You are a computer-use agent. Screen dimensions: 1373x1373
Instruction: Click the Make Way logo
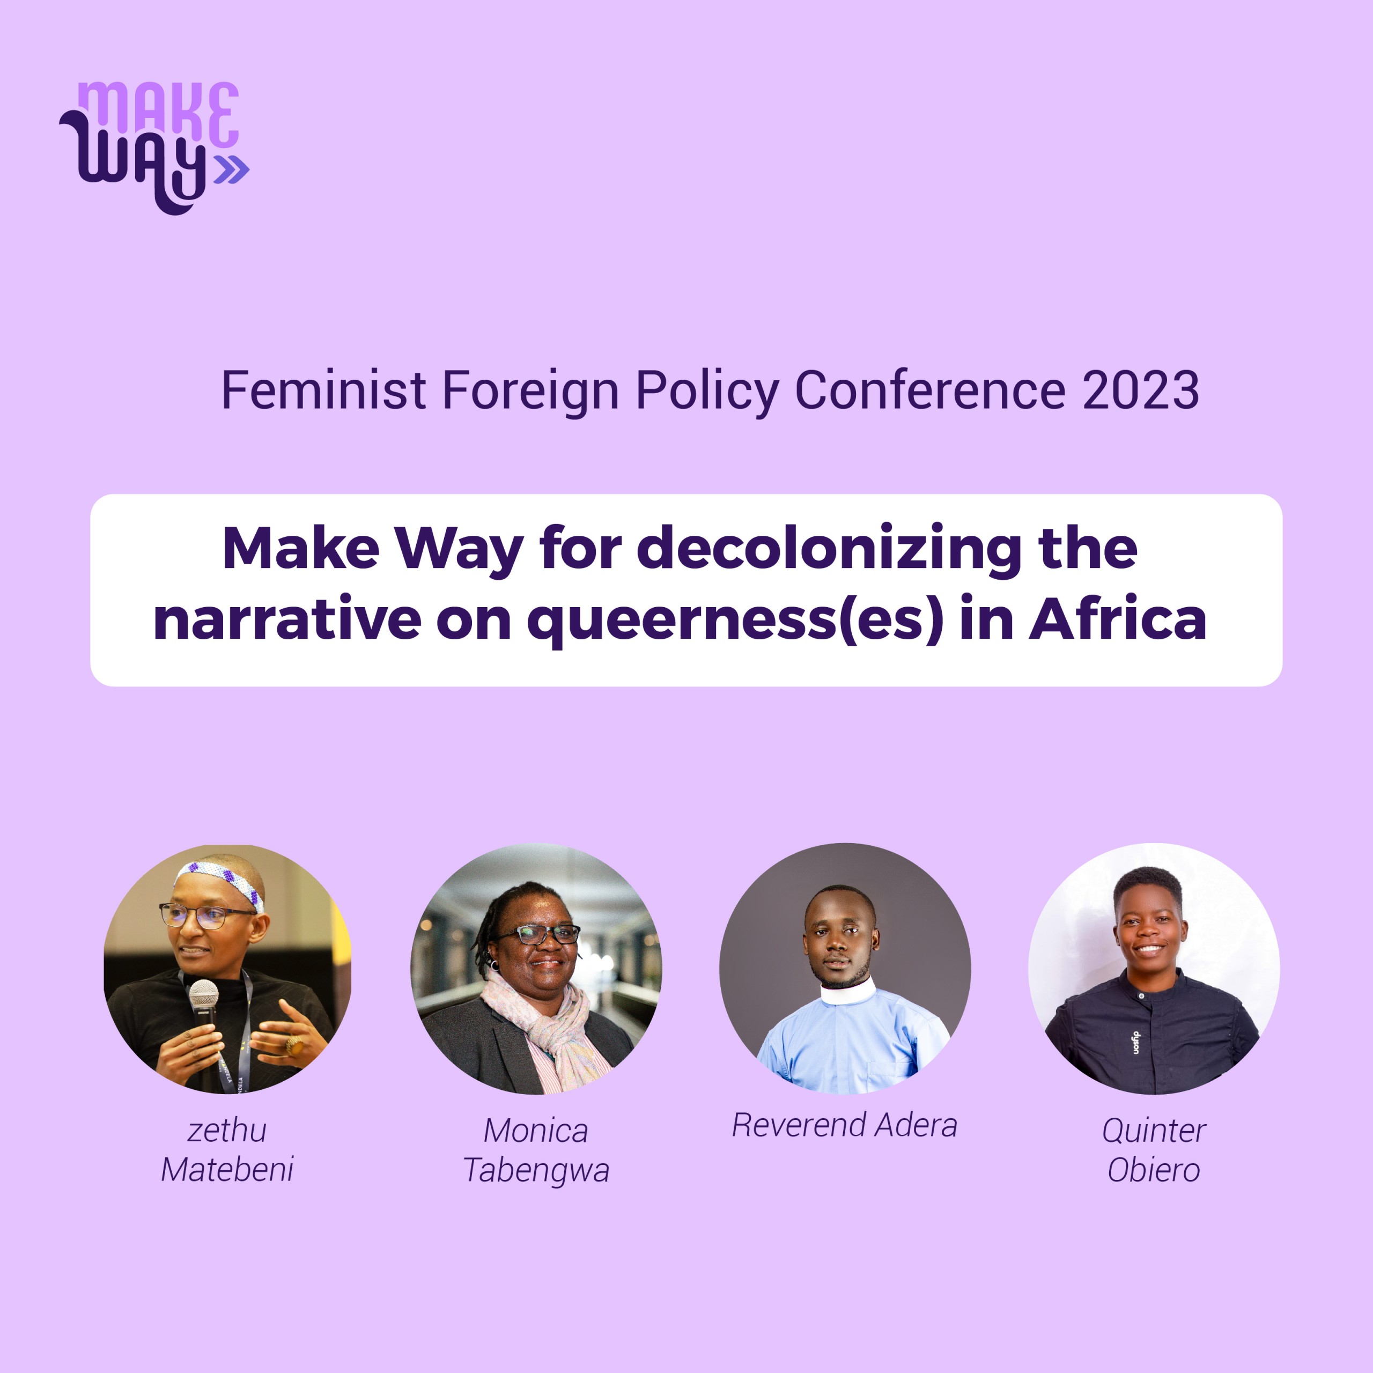click(x=154, y=147)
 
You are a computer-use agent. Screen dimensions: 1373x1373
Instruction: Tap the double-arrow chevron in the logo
click(x=232, y=169)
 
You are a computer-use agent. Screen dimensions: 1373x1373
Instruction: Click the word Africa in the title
click(x=1117, y=619)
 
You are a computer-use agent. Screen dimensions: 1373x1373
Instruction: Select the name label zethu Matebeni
click(x=227, y=1150)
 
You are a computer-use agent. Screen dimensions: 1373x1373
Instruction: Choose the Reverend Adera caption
click(x=844, y=1125)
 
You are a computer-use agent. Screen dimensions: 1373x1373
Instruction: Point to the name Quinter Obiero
click(x=1154, y=1150)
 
